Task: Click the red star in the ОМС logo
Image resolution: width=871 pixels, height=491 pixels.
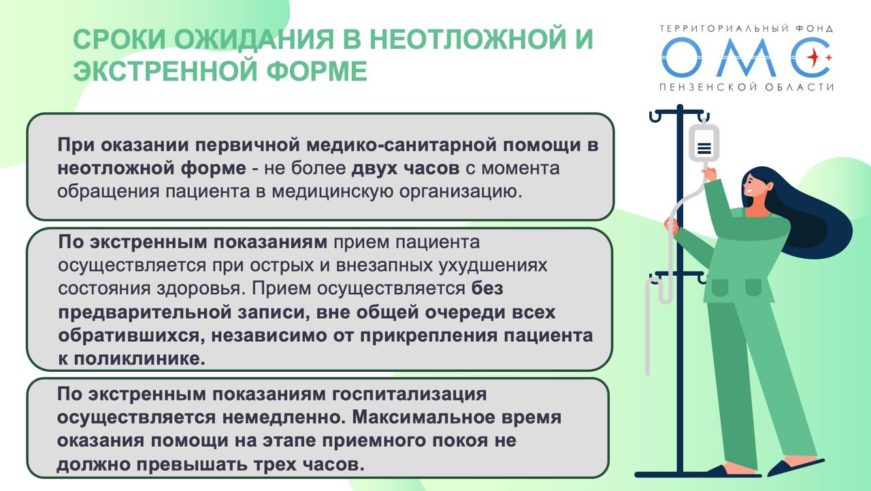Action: point(812,58)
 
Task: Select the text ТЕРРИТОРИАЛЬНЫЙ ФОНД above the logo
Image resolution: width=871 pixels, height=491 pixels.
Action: point(746,29)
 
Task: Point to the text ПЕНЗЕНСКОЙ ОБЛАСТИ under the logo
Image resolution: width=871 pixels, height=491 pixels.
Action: point(746,86)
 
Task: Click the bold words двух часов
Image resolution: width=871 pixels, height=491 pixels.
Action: point(405,168)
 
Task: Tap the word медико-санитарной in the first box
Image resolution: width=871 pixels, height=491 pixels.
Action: point(401,145)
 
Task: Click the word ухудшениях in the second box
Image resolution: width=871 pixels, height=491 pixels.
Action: point(493,266)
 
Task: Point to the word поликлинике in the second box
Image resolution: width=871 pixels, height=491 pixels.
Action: point(139,359)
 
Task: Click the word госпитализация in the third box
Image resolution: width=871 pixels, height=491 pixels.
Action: point(409,394)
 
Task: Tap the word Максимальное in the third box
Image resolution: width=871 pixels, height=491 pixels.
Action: point(423,417)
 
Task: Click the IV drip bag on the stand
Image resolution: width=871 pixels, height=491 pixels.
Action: point(704,143)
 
